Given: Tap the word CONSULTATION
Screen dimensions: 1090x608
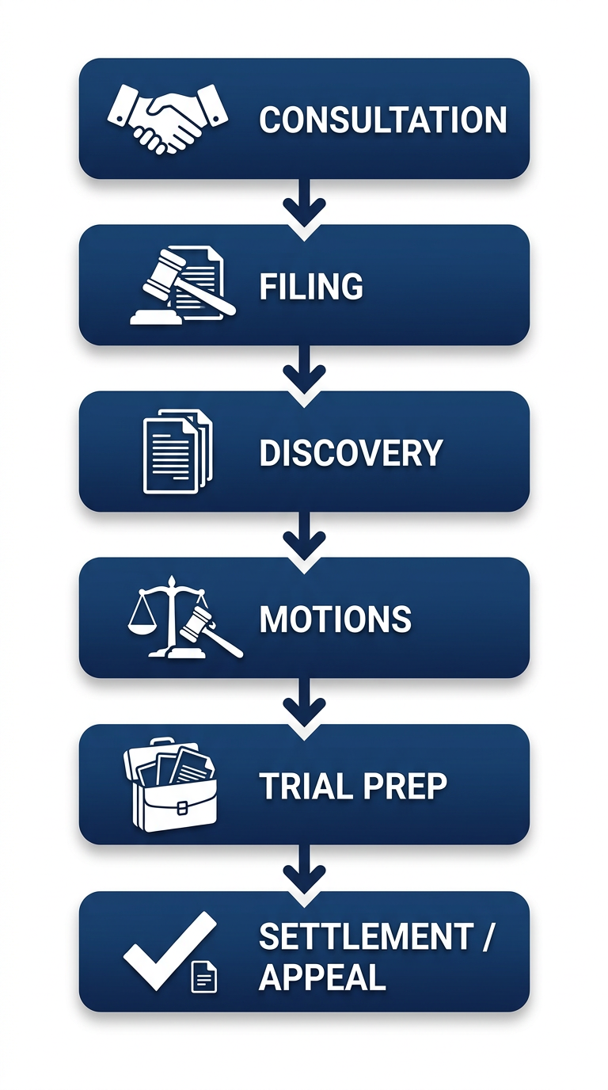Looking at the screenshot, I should click(383, 120).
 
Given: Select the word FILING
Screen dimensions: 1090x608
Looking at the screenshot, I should click(311, 287).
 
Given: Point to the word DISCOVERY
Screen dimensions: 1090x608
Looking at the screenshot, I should click(351, 453).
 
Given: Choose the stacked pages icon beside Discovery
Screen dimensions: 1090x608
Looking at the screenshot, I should click(177, 452).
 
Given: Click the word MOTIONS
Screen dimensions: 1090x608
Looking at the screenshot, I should click(335, 619).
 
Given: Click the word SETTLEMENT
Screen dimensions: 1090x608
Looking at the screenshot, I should click(365, 937).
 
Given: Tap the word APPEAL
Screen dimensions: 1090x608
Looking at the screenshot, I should click(322, 978).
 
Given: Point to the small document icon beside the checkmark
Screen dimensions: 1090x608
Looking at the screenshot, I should click(204, 977).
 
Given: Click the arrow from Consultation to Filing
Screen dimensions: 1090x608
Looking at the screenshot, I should click(304, 204).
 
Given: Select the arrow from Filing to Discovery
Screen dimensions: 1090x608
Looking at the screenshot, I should click(304, 371).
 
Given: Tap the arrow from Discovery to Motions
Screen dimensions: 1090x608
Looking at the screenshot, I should click(304, 537).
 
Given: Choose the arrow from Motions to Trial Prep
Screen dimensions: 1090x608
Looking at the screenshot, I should click(304, 703).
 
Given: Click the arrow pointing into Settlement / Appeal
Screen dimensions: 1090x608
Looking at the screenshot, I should click(304, 871).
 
